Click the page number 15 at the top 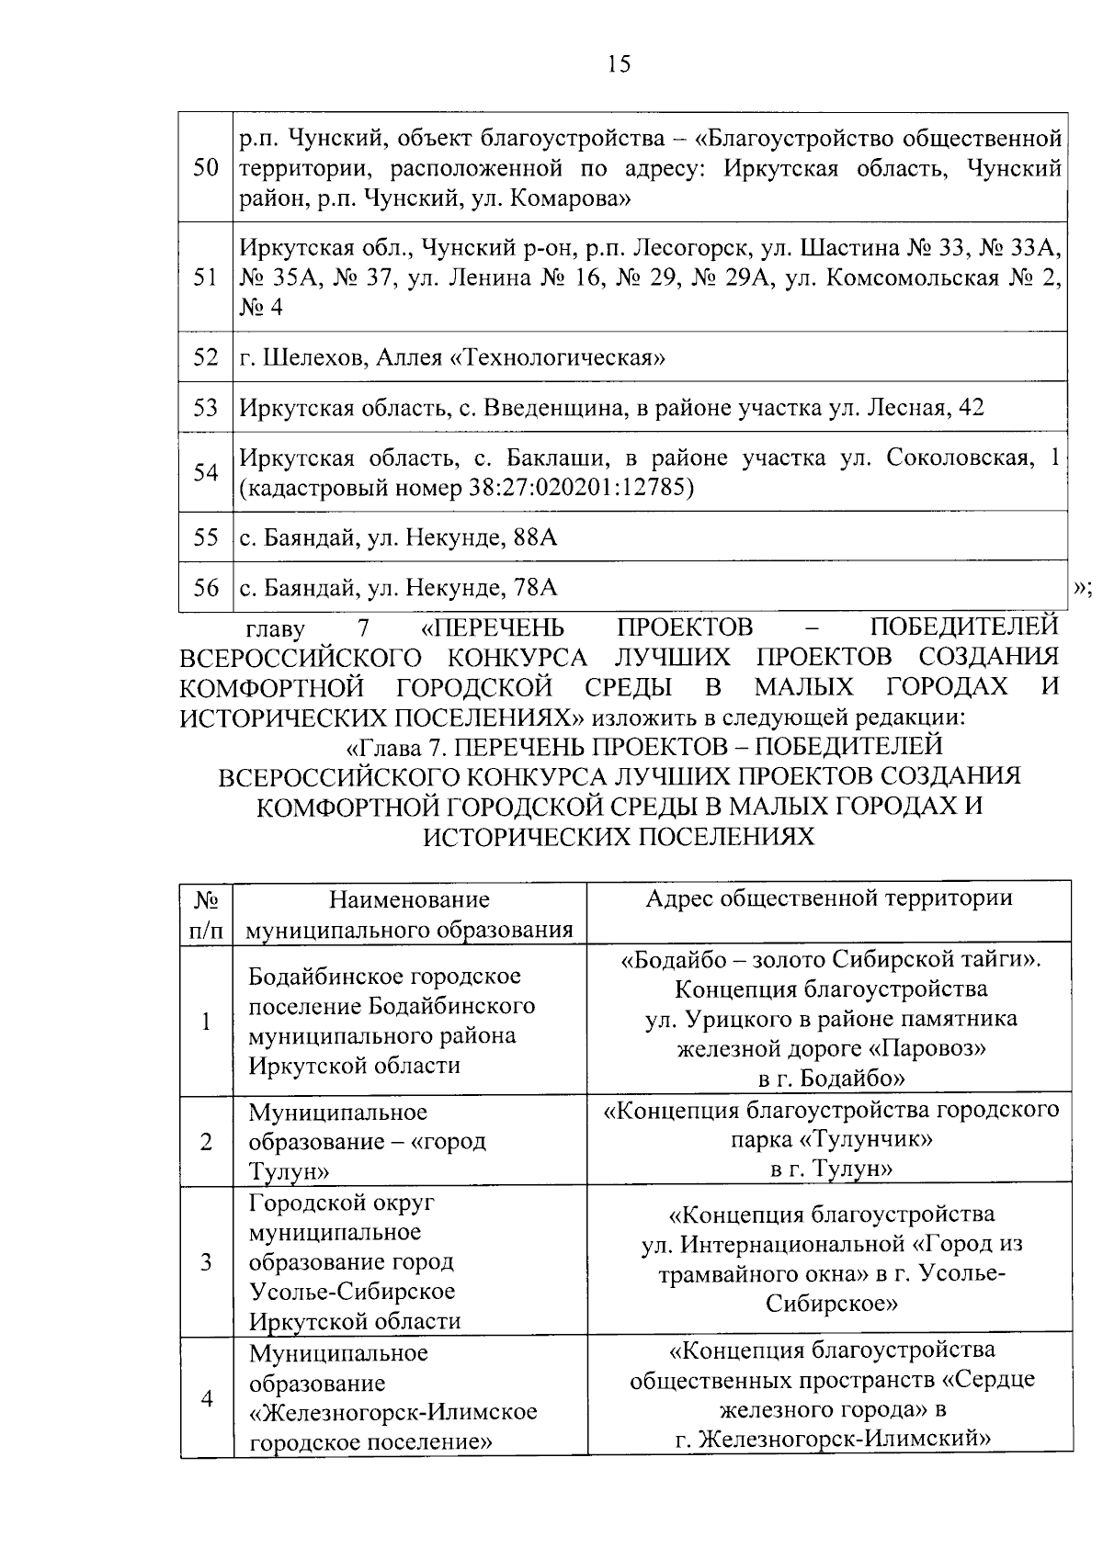619,64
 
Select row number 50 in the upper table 206,168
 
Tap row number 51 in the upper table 206,277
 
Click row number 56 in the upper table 206,587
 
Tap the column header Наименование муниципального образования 410,914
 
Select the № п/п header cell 206,914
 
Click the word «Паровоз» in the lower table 929,1048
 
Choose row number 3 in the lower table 206,1261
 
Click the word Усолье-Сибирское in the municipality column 352,1291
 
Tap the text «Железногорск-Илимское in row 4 392,1411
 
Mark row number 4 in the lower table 206,1397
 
